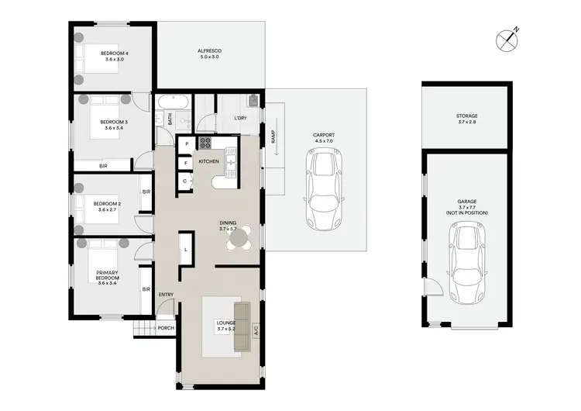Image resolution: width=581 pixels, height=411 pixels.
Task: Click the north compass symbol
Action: tap(508, 38)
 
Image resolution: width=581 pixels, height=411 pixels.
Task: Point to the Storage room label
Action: tap(466, 116)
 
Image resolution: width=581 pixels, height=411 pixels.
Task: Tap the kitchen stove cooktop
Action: tap(205, 143)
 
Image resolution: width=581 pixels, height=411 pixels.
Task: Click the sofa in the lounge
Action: tap(242, 326)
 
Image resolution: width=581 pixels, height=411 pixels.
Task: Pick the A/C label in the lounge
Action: tap(256, 330)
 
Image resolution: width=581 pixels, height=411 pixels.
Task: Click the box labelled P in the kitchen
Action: tap(187, 144)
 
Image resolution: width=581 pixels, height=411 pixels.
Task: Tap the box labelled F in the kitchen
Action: tap(187, 163)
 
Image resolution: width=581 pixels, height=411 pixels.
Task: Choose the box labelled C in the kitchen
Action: tap(187, 181)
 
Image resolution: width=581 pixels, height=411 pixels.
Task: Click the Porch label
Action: tap(166, 327)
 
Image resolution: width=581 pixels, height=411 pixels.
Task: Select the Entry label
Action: tap(166, 295)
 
